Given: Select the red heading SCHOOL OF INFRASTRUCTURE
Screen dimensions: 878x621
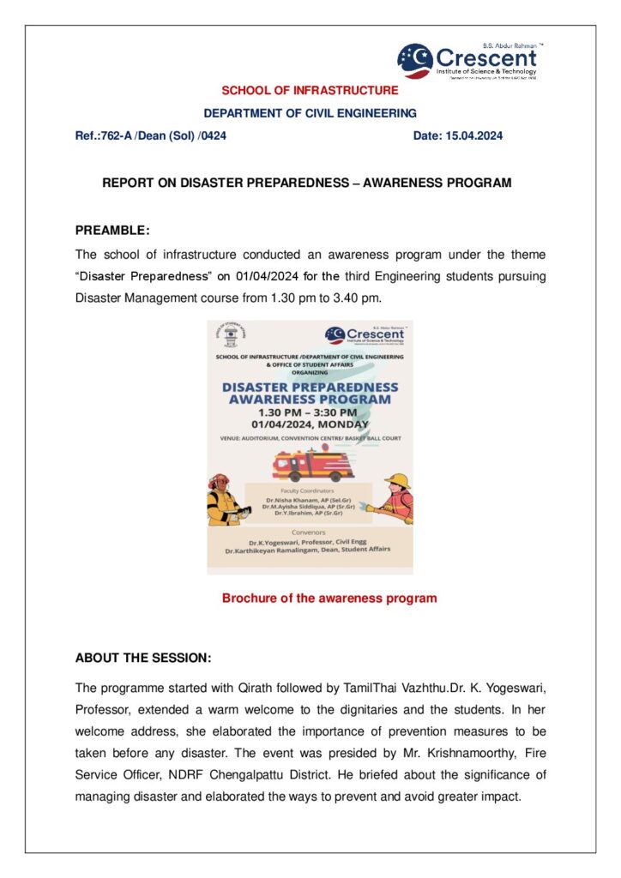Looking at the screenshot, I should point(310,90).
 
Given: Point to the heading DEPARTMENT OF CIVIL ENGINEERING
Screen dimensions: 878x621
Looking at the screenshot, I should point(310,112).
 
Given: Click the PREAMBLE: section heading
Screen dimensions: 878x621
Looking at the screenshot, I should point(112,230).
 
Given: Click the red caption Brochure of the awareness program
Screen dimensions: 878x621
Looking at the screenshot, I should point(329,598).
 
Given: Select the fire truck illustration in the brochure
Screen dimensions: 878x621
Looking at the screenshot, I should point(313,466).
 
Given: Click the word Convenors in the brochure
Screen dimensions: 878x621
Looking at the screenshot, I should point(310,532).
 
